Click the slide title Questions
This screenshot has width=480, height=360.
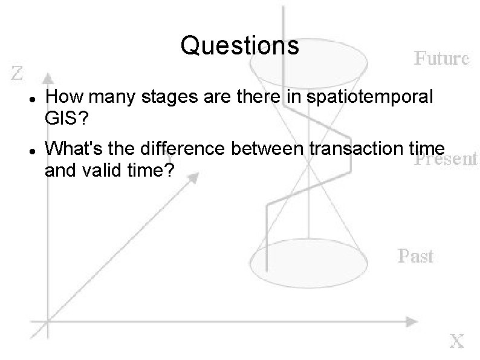(239, 45)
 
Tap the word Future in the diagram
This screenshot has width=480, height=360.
(441, 59)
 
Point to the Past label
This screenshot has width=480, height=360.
(415, 256)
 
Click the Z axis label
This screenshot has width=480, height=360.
(18, 73)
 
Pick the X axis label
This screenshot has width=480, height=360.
(456, 341)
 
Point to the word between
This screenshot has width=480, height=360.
(276, 149)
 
